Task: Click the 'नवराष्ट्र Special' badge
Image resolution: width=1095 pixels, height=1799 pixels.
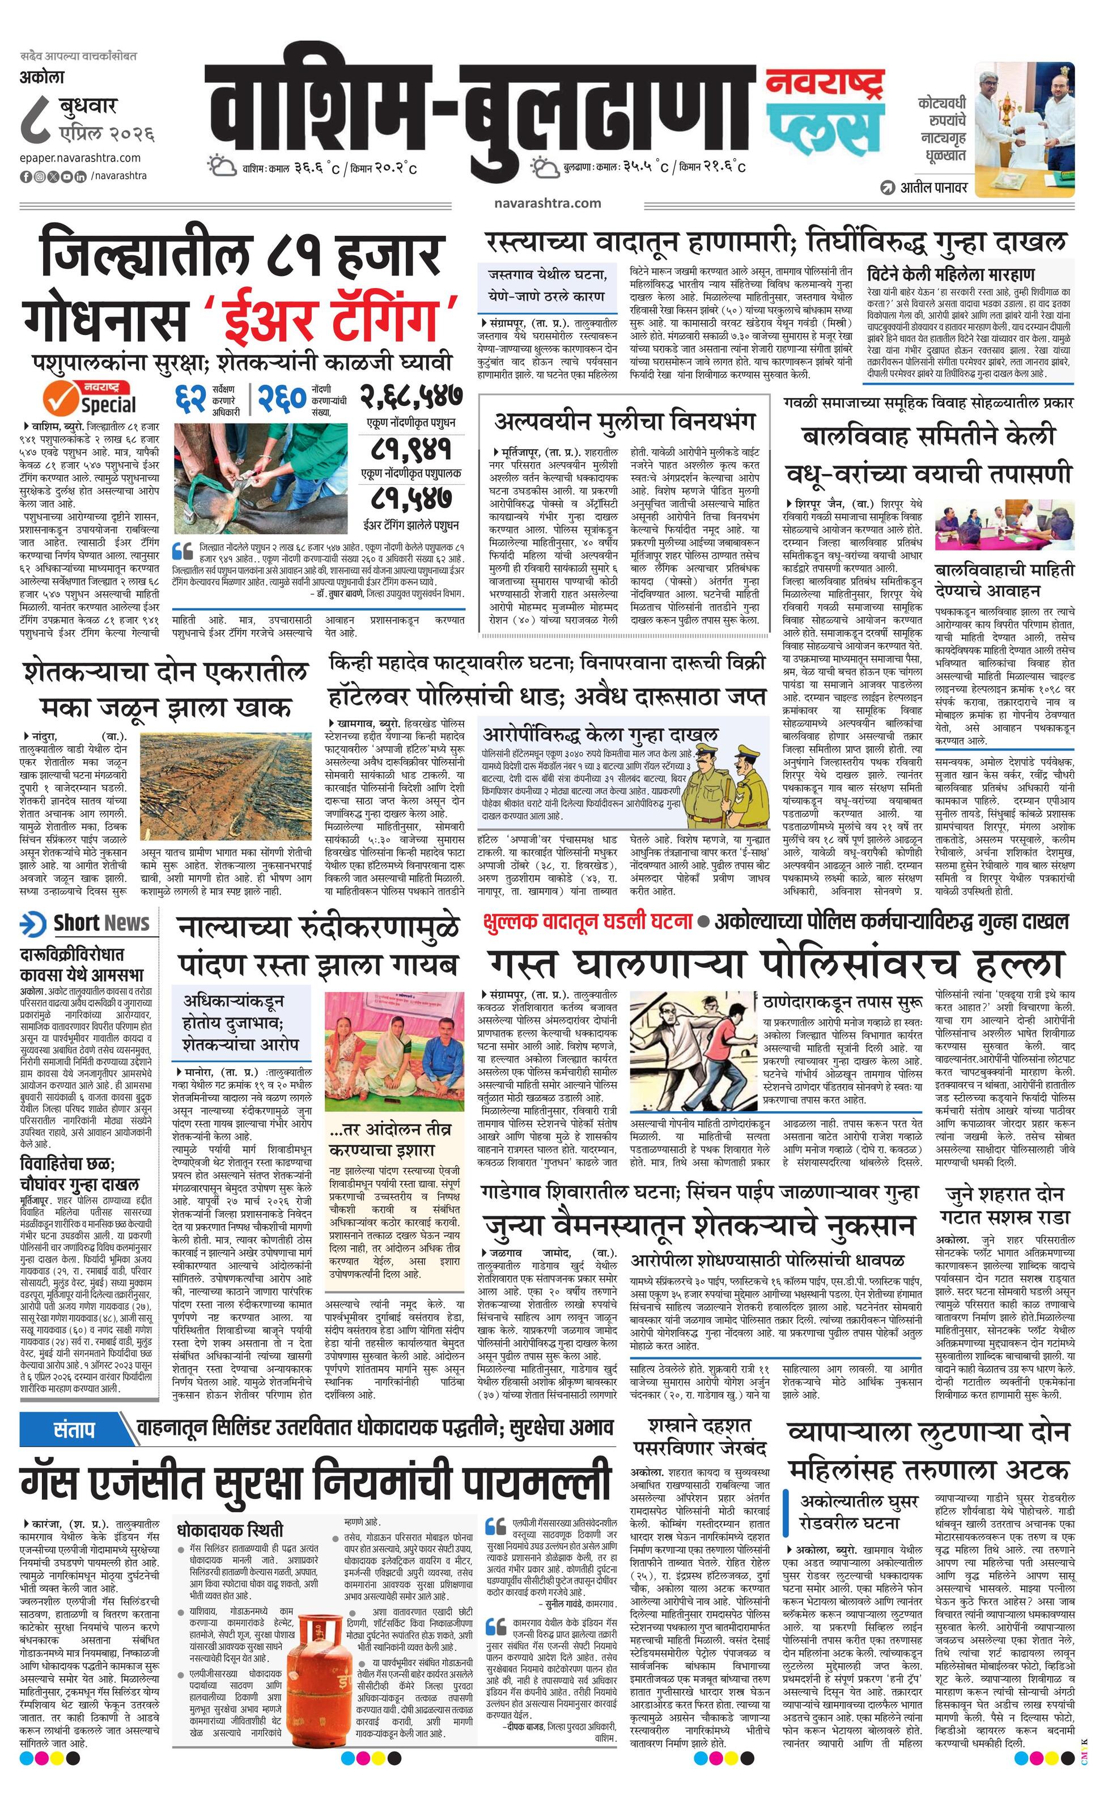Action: [x=91, y=397]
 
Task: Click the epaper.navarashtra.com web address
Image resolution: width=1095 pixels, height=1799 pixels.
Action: [x=80, y=158]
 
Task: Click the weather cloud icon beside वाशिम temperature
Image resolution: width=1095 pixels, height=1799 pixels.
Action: [x=222, y=167]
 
